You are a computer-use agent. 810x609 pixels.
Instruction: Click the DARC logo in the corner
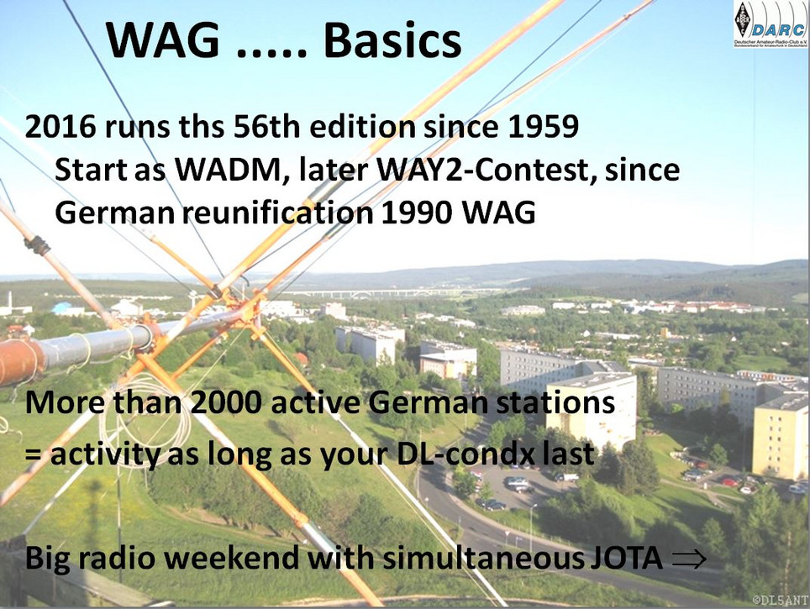coord(770,24)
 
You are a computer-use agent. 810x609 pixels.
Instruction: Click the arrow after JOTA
coord(689,559)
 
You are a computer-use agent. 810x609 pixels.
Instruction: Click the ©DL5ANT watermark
coord(780,600)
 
